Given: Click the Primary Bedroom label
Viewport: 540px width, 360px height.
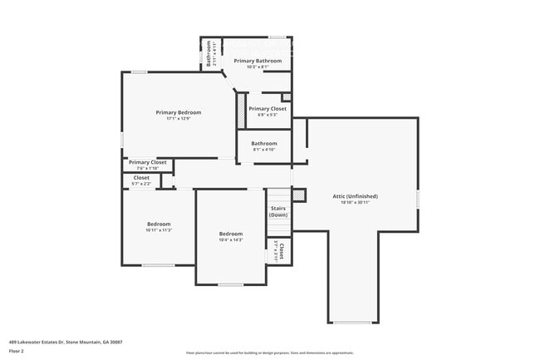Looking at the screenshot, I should [179, 112].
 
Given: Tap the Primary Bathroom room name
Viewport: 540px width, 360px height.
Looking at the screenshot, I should [258, 61].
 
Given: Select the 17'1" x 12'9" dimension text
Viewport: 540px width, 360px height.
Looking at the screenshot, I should [179, 119].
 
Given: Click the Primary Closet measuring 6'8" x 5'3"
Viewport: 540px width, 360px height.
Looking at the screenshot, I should [268, 109].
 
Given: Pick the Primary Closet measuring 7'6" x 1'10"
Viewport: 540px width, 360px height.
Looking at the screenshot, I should [148, 162].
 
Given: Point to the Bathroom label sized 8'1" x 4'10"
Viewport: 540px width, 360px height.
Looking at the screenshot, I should [264, 143].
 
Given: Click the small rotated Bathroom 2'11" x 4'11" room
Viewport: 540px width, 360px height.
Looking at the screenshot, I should [211, 54].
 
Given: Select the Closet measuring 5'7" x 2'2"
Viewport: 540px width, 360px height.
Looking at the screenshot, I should [141, 178].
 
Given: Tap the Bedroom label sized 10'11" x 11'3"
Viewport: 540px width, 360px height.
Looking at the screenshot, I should [159, 224].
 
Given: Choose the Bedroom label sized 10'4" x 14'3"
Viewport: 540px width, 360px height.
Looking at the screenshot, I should [230, 234].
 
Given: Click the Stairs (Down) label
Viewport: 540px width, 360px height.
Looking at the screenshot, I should [278, 212].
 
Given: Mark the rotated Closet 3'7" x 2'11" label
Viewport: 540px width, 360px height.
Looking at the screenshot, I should [280, 251].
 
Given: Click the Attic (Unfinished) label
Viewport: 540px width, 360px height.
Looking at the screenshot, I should [355, 196].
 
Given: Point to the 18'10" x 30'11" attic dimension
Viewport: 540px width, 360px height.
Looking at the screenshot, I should [355, 203].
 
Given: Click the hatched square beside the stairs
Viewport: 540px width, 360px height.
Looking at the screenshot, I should [299, 195].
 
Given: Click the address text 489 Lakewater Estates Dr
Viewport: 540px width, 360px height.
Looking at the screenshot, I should [66, 341].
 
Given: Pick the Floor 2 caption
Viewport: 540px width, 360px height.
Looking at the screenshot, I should [17, 351].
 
